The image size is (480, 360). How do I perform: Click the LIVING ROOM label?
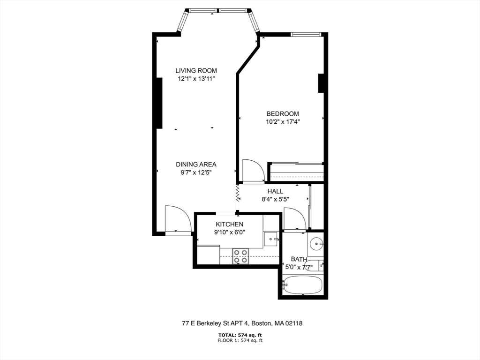pos(196,70)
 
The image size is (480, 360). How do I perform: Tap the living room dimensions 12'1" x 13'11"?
pos(196,79)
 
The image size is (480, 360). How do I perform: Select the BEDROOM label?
pos(283,113)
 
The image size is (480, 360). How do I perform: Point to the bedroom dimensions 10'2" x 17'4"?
pos(283,122)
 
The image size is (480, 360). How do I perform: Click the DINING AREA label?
pos(196,164)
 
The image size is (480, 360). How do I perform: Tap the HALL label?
pos(275,191)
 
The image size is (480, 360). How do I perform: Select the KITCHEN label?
pos(229,224)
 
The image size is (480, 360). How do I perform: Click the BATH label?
pos(299,259)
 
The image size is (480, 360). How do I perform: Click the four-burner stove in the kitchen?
pos(241,256)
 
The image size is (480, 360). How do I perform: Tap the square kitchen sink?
pos(270,239)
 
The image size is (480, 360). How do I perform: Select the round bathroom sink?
pos(316,243)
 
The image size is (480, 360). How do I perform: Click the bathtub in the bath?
pos(302,285)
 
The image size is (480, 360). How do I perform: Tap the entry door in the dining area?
pos(177,219)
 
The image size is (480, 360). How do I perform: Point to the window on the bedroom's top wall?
pos(306,34)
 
